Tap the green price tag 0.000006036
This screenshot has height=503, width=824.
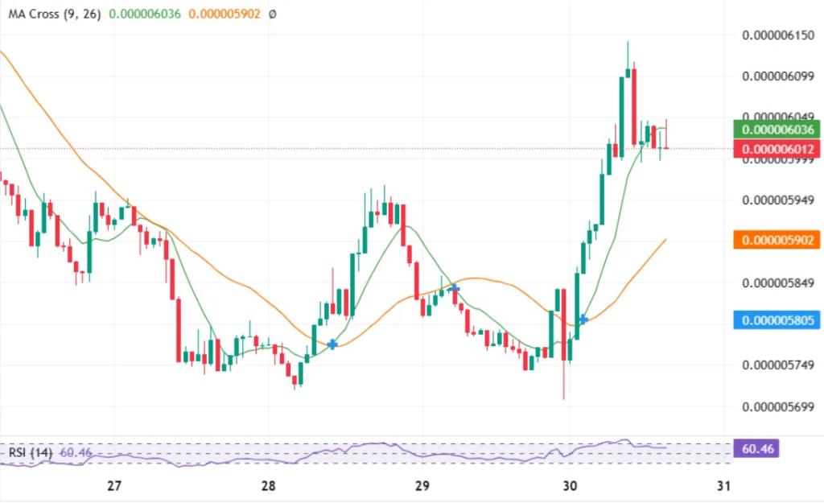778,130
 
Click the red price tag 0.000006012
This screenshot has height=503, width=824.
778,149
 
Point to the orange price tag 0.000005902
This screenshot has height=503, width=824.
778,239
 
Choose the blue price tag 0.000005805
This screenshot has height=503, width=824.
778,320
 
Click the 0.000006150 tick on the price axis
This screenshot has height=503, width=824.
778,35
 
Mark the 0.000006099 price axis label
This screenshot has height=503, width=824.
778,76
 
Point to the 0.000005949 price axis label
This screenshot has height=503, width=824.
778,200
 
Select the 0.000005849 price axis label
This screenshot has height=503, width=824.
778,282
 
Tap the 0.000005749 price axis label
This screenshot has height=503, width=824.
778,365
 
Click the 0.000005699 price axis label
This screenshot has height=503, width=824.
778,406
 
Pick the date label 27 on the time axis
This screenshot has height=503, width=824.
114,485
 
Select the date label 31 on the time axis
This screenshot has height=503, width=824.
723,485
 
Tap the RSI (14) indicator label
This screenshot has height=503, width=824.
31,453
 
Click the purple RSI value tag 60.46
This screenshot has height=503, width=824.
756,448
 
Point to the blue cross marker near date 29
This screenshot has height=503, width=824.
455,287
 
